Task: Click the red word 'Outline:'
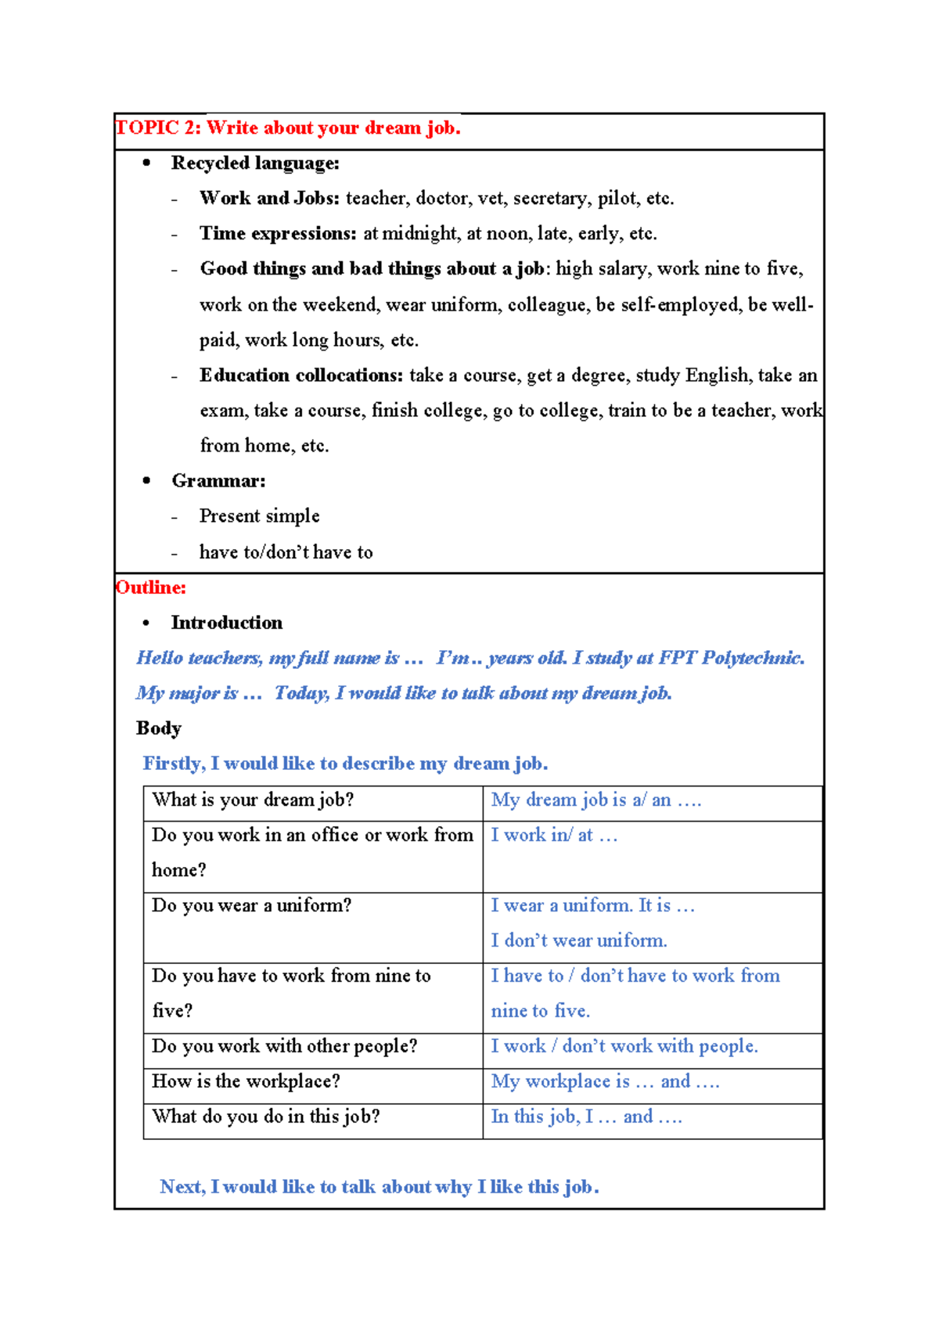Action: (151, 587)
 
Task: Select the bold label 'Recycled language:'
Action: (255, 163)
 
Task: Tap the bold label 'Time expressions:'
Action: (278, 233)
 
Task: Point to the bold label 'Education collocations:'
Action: (301, 375)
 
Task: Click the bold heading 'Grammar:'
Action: (218, 480)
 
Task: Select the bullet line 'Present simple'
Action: (259, 516)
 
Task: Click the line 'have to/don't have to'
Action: (286, 552)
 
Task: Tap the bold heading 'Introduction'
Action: (227, 622)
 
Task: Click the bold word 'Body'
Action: (159, 728)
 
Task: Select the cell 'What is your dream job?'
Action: (253, 800)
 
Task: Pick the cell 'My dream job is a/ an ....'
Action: (595, 800)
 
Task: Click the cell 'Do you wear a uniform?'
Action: (251, 905)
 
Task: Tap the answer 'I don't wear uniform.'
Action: (579, 940)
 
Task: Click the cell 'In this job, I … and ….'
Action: (586, 1117)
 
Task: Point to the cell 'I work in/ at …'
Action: (554, 835)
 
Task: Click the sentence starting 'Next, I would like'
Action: (380, 1187)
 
